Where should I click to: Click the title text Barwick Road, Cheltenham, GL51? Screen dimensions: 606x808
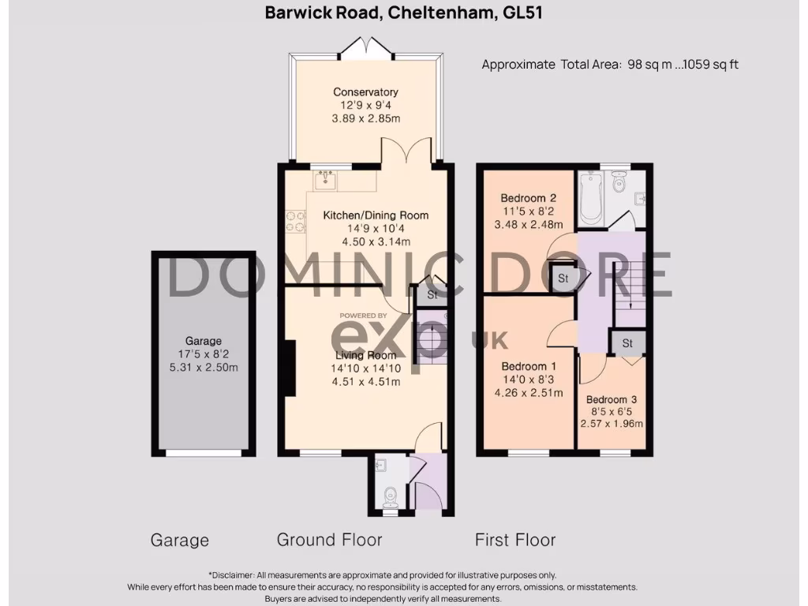coord(403,13)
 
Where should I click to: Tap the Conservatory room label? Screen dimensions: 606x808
coord(365,92)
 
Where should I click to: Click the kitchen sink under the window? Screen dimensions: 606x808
coord(326,181)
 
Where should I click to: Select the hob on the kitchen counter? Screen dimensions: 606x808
coord(296,221)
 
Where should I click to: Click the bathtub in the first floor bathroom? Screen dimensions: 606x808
coord(589,198)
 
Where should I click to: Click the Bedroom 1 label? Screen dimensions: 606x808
coord(529,366)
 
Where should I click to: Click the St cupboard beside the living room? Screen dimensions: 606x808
coord(432,295)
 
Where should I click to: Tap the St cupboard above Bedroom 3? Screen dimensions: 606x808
coord(627,343)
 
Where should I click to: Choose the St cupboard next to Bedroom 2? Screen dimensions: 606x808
coord(563,279)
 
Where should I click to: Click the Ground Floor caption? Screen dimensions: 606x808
coord(329,540)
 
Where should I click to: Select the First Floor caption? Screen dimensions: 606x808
coord(514,540)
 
